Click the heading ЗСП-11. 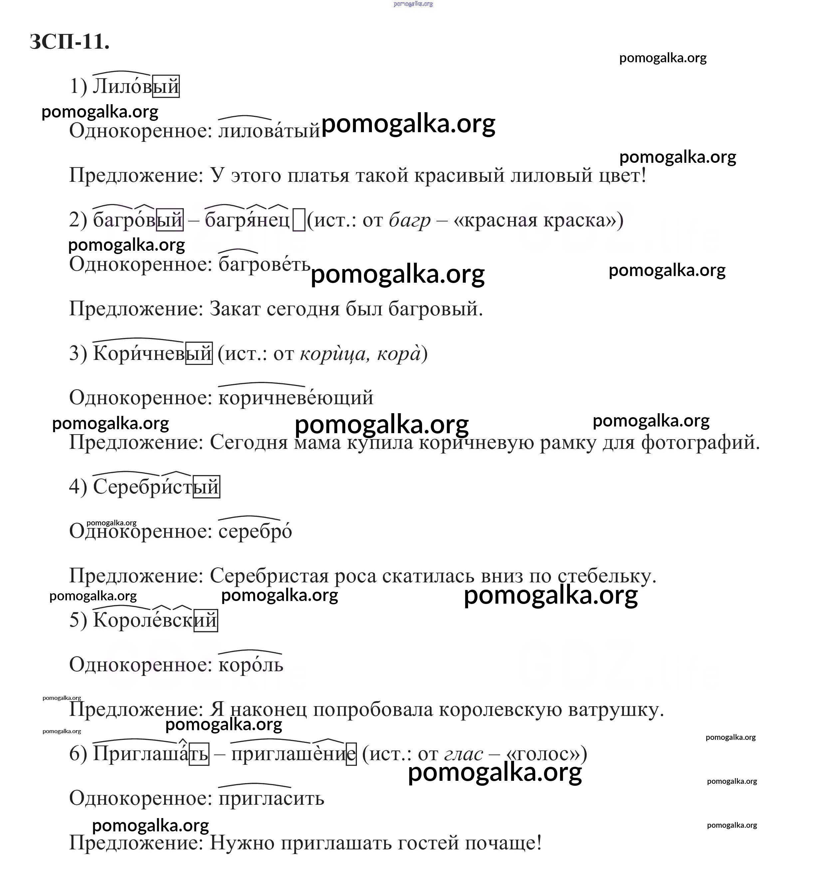(x=69, y=42)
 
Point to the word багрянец (x=247, y=220)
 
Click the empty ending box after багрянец (x=299, y=220)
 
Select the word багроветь (x=264, y=264)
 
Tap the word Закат (x=235, y=309)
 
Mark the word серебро (x=255, y=531)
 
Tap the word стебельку (x=606, y=576)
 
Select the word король (x=251, y=665)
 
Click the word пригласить (x=271, y=798)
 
